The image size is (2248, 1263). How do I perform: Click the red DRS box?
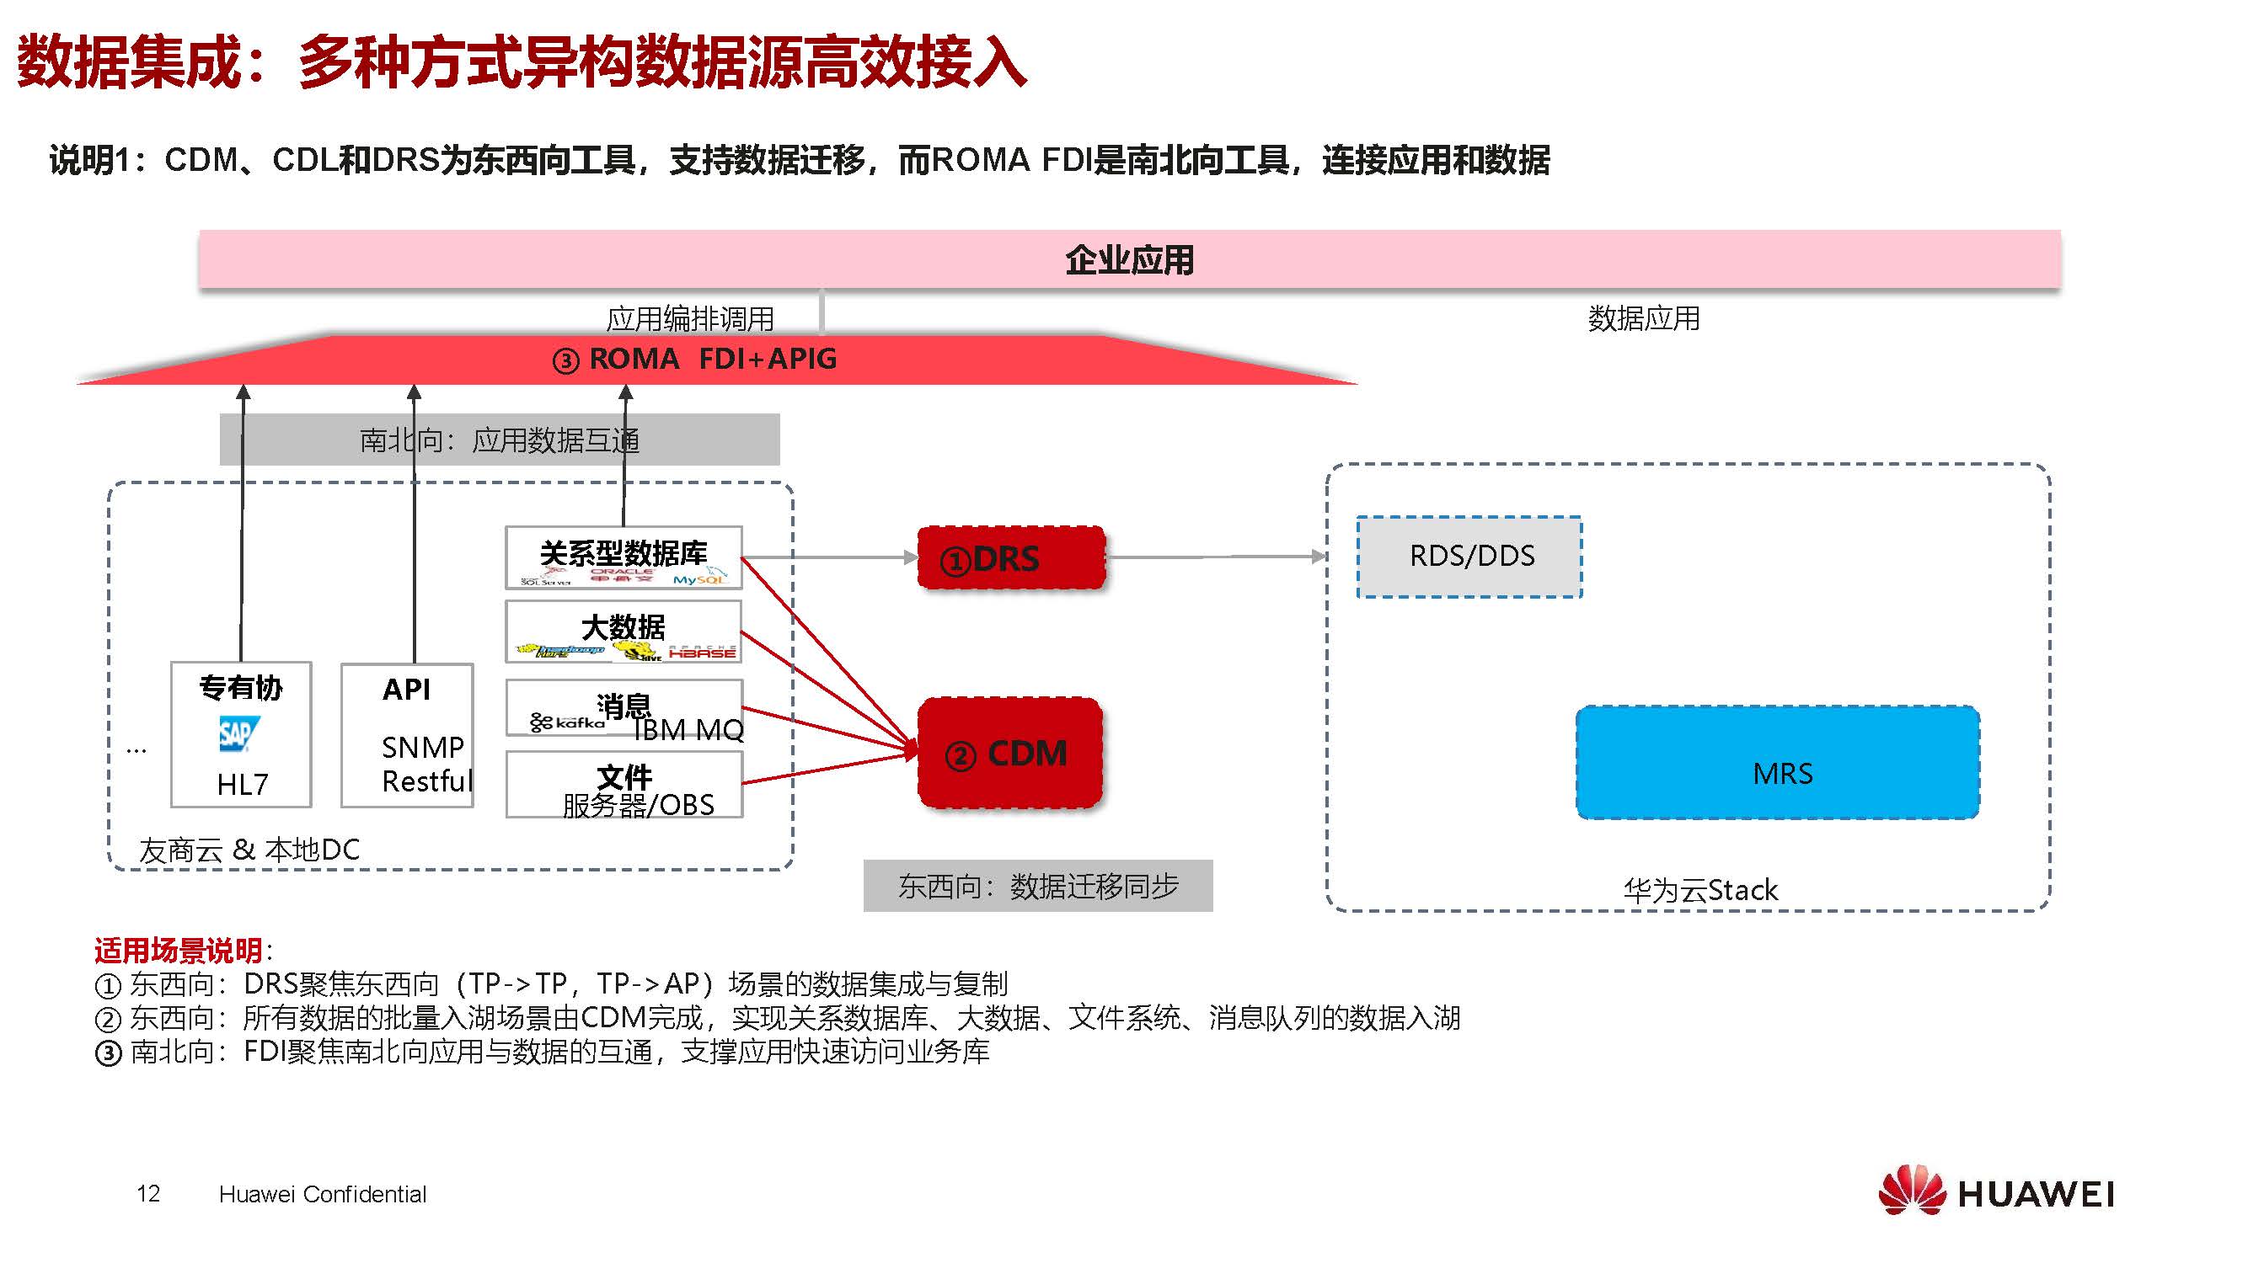tap(1010, 558)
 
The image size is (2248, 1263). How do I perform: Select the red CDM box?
tap(1010, 753)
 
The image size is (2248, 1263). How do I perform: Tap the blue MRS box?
tap(1778, 763)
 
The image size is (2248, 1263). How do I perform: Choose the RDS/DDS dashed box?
tap(1469, 557)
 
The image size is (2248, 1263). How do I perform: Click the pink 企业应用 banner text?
tap(1129, 260)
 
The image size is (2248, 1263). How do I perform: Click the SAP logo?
tap(238, 734)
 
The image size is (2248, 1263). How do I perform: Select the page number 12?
tap(148, 1193)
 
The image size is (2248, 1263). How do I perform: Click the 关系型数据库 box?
tap(624, 557)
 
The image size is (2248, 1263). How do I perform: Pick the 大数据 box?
tap(624, 631)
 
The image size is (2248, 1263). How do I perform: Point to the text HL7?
tap(242, 784)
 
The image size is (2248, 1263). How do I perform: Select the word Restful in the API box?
tap(426, 781)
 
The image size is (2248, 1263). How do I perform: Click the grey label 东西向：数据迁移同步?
tap(1037, 886)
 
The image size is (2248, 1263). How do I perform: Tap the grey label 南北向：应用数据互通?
tap(499, 440)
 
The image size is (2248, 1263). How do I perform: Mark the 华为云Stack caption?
tap(1699, 890)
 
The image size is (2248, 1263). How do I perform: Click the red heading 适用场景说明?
tap(179, 950)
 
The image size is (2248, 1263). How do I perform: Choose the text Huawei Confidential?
tap(322, 1194)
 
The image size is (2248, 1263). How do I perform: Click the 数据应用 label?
tap(1642, 318)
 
